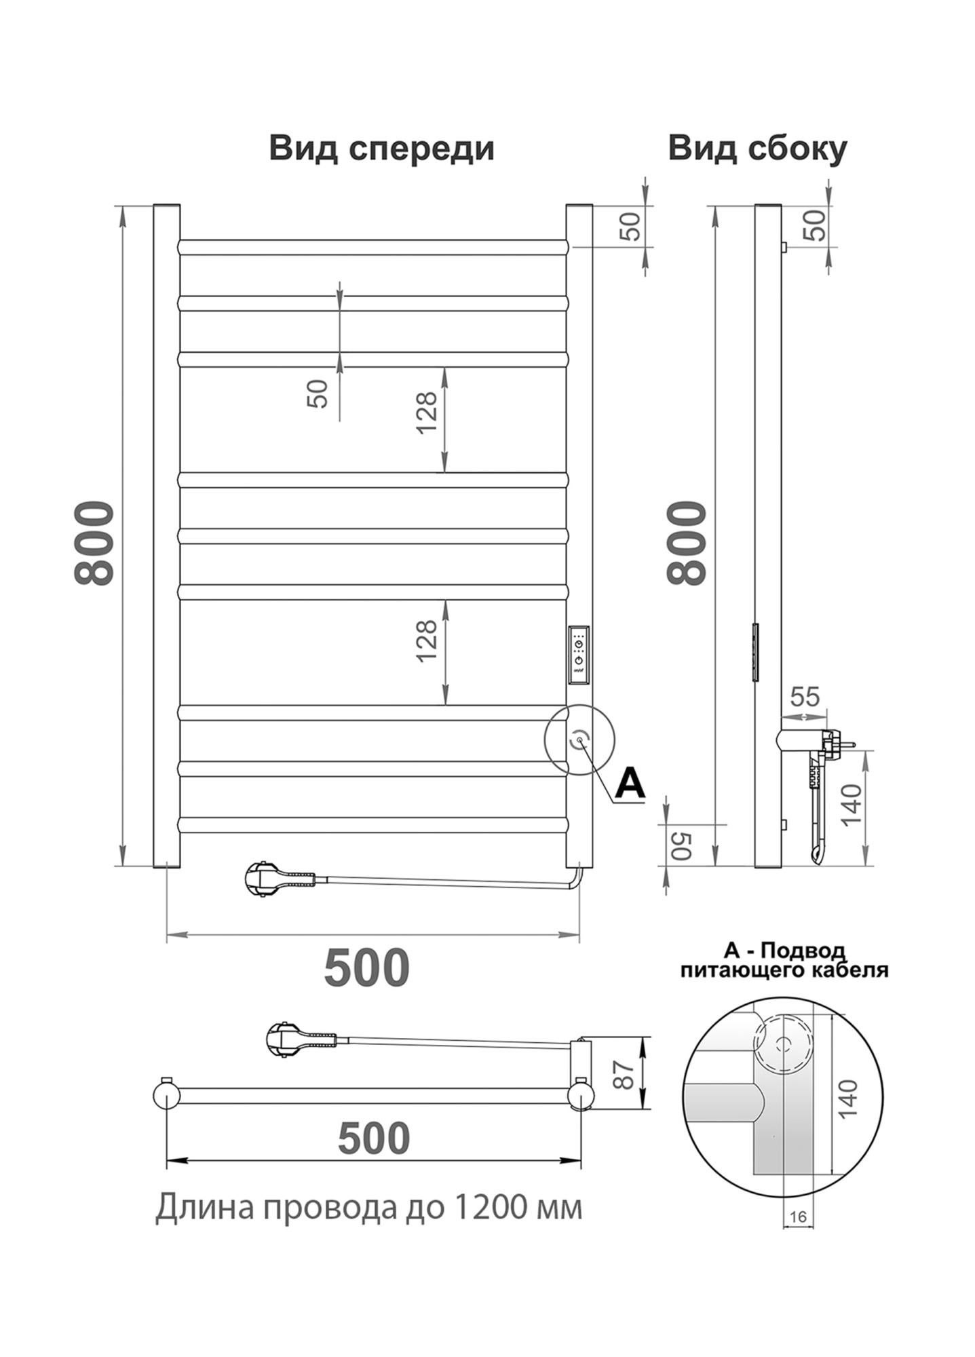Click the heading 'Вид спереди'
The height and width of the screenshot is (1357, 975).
pos(381,148)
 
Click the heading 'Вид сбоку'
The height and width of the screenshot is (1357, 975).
pos(757,148)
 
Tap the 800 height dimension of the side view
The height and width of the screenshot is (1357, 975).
pos(687,543)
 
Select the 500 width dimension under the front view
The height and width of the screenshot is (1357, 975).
pos(366,968)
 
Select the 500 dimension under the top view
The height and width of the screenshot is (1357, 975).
pos(374,1139)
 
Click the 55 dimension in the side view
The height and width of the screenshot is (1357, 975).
pos(805,696)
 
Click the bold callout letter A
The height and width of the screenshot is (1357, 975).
pos(630,784)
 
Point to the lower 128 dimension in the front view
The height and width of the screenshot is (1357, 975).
pos(426,641)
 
